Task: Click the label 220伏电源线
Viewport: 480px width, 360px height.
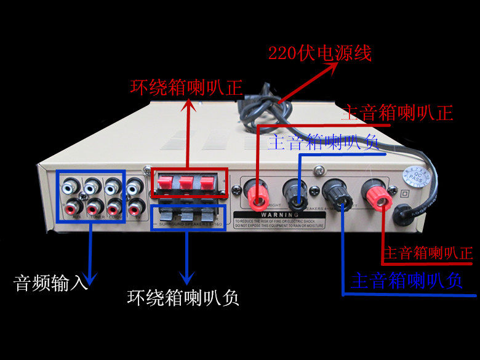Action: [320, 53]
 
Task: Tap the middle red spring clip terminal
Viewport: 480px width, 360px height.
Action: [188, 183]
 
